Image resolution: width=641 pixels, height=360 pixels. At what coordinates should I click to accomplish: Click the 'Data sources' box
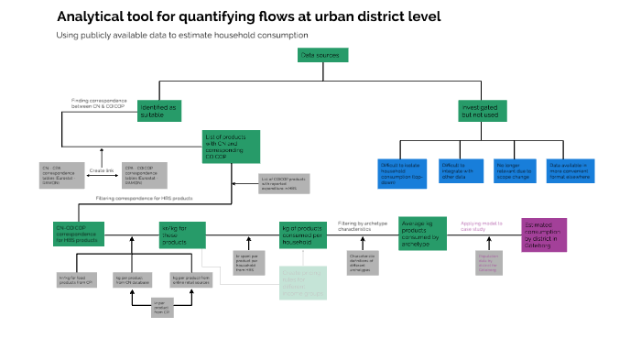tap(323, 55)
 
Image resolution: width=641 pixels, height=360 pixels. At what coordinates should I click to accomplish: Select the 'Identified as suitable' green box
tap(161, 110)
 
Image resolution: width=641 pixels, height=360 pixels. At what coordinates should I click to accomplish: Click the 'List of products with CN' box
tap(232, 145)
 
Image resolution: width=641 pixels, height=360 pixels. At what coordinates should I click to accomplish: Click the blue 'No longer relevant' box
tap(513, 171)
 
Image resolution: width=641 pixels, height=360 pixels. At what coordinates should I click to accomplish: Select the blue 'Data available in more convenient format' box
tap(570, 171)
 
